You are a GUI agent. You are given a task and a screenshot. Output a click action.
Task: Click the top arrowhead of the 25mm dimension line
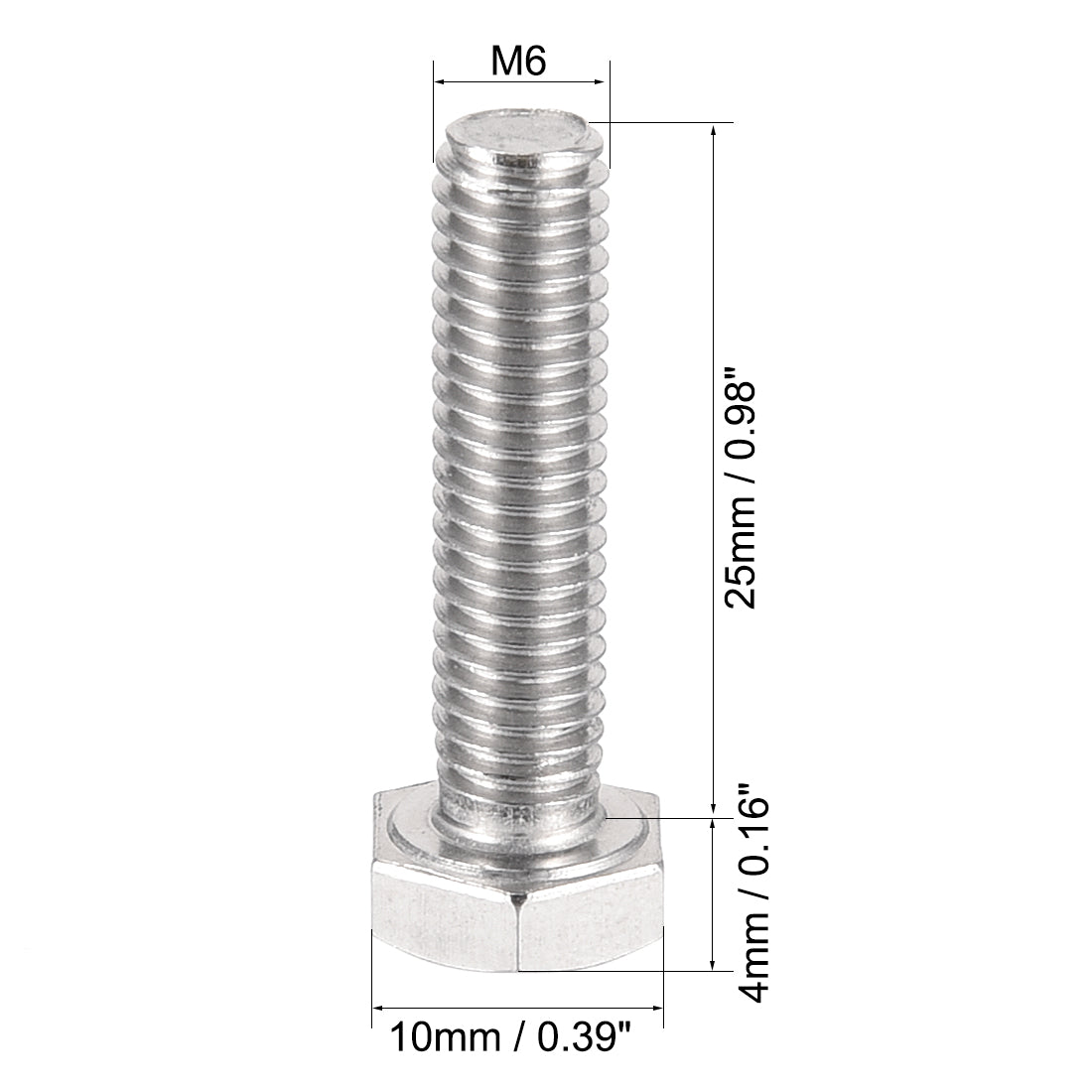tap(714, 130)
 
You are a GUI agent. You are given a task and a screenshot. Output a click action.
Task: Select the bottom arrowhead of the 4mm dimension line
tap(714, 964)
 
